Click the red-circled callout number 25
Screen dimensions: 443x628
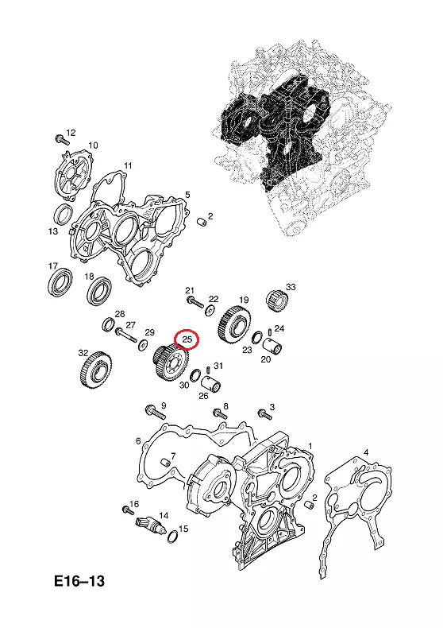(x=187, y=339)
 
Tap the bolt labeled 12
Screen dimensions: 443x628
(x=62, y=140)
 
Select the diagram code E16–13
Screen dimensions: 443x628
(x=79, y=580)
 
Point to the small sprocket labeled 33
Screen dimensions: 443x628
(x=276, y=300)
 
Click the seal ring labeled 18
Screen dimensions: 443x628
(x=99, y=290)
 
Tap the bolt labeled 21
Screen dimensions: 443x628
(x=195, y=302)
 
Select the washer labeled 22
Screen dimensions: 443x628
(x=210, y=310)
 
